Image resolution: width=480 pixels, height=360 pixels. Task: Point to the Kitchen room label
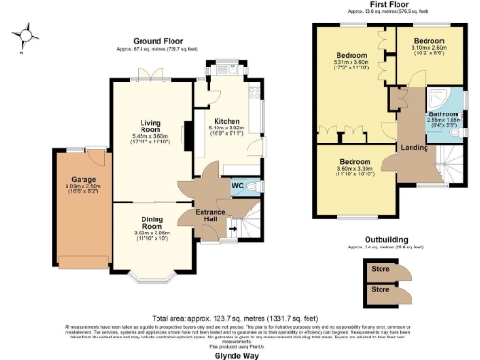[227, 121]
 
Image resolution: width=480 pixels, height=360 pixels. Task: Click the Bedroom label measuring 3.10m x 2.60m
[430, 42]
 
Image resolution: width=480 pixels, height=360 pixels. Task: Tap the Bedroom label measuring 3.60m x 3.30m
[357, 161]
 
